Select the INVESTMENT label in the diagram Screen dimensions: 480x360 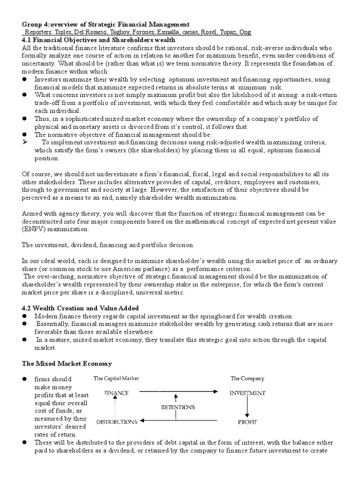coord(247,393)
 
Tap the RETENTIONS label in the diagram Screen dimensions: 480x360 coord(178,407)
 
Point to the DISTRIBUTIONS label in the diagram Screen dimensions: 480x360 coord(117,421)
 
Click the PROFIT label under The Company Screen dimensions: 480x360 coord(247,422)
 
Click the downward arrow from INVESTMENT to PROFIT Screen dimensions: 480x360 coord(247,407)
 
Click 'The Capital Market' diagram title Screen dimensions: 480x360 coord(117,378)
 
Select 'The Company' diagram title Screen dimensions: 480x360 coord(247,378)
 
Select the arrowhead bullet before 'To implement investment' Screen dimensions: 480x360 coord(25,142)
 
